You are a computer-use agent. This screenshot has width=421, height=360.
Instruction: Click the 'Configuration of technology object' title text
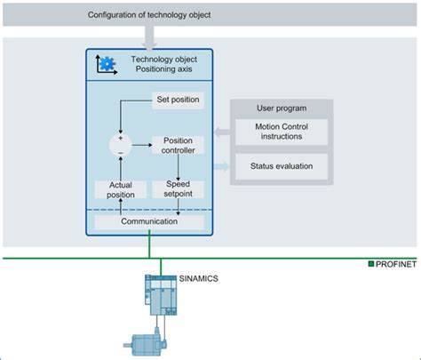(150, 15)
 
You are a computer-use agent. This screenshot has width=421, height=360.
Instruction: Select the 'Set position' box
(178, 99)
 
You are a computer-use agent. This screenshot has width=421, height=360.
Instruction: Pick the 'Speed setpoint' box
(178, 188)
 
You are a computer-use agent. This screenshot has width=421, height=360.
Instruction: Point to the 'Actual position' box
(115, 188)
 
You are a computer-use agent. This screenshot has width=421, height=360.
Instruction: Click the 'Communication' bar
(148, 221)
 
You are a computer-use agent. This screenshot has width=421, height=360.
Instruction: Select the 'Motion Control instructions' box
(279, 132)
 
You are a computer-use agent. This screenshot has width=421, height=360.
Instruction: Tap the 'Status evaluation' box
(279, 165)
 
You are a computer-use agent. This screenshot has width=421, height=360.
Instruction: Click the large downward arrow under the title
(148, 37)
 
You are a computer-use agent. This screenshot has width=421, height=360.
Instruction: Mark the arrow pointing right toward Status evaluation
(221, 165)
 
